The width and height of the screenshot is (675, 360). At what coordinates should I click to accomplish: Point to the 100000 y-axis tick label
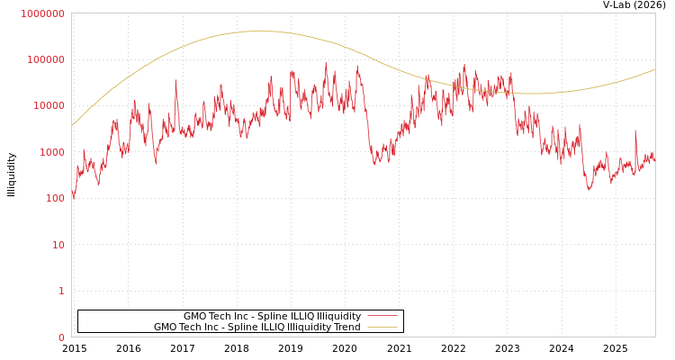click(45, 59)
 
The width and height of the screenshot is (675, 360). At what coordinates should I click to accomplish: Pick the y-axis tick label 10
click(58, 245)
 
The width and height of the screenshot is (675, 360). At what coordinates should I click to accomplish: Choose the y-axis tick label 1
click(62, 291)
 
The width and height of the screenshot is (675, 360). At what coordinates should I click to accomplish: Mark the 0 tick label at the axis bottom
click(62, 337)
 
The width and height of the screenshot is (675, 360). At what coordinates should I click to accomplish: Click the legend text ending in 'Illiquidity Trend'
click(256, 327)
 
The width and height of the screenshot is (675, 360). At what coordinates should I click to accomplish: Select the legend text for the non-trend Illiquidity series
click(272, 316)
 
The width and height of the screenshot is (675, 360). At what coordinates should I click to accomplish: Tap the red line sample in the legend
click(382, 316)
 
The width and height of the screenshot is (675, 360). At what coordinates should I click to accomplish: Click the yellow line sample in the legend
click(382, 327)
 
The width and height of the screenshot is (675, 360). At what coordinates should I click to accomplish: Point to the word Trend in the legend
click(346, 327)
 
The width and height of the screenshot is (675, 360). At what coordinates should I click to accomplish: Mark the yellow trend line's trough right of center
click(535, 94)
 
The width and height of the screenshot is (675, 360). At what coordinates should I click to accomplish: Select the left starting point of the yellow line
click(72, 125)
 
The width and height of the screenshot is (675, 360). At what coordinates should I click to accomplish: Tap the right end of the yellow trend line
click(654, 69)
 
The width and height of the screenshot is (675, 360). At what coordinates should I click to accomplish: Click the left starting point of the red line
click(72, 195)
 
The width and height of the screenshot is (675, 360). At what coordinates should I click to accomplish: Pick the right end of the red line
click(654, 159)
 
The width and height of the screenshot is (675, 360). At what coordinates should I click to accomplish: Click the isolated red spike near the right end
click(635, 131)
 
